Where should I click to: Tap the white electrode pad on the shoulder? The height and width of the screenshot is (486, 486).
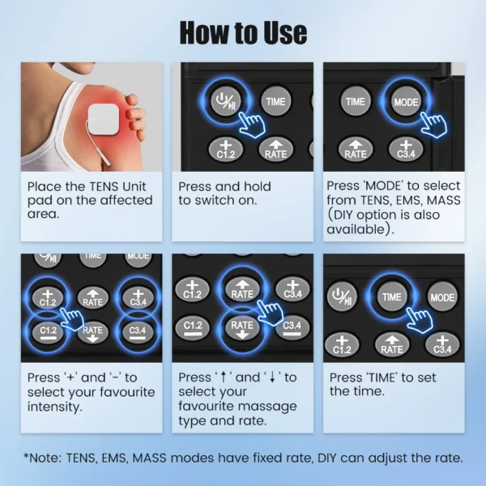click(104, 119)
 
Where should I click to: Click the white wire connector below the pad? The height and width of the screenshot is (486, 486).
click(104, 155)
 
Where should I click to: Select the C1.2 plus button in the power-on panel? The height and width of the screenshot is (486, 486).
click(226, 150)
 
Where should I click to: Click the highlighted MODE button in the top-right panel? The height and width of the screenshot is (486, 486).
click(406, 101)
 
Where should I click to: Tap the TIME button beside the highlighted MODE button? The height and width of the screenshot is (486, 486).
click(356, 101)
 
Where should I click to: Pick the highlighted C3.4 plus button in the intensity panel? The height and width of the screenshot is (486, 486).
click(138, 298)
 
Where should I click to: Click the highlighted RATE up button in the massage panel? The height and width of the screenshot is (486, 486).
click(242, 290)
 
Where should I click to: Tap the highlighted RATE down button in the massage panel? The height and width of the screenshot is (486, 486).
click(242, 328)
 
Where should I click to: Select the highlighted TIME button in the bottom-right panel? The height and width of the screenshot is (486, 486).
click(392, 297)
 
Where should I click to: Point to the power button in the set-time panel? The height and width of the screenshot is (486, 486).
click(342, 297)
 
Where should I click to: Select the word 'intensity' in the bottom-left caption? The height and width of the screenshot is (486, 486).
click(55, 407)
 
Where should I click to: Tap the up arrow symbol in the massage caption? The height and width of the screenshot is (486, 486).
click(224, 377)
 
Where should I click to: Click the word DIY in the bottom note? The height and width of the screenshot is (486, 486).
click(327, 458)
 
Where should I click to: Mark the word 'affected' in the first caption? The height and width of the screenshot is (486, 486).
click(124, 200)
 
